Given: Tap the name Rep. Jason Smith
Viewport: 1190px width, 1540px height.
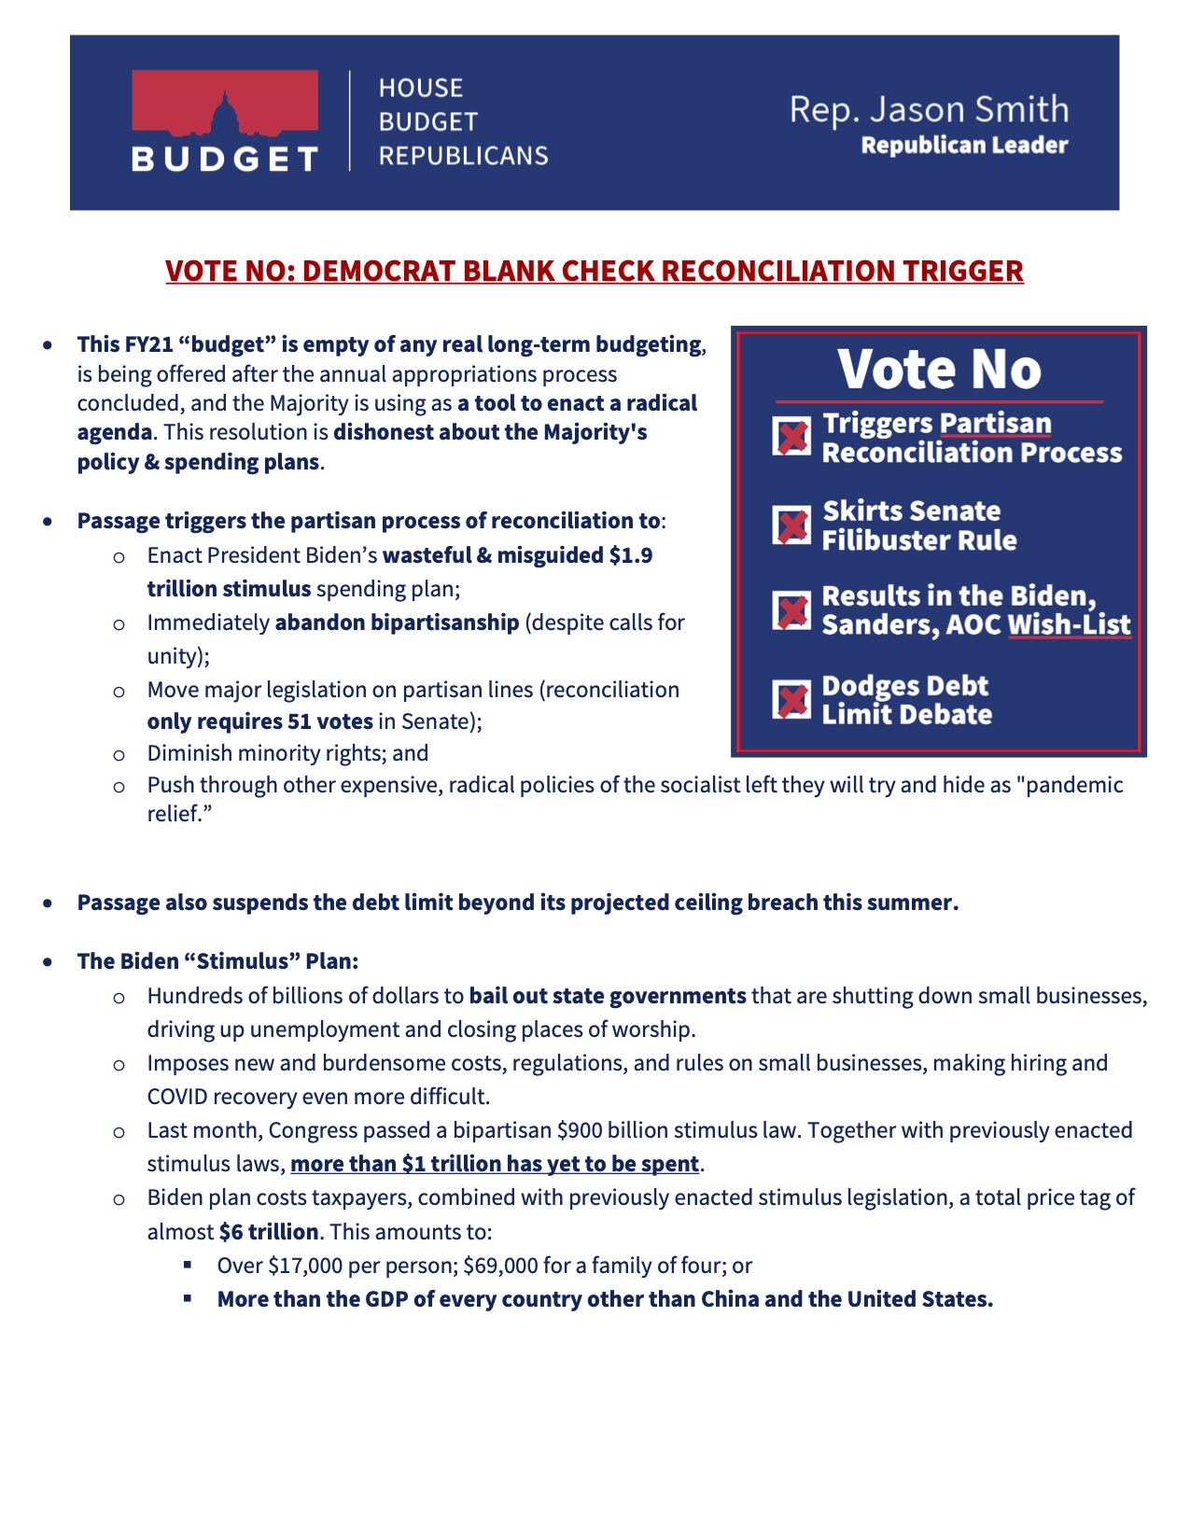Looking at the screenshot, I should [929, 110].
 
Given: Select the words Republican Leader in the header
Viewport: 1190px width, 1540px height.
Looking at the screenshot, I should [964, 146].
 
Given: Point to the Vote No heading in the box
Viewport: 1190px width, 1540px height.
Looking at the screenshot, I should [939, 370].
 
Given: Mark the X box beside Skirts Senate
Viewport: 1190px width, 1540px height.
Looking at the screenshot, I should [792, 525].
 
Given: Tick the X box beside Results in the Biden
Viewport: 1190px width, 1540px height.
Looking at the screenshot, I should [792, 611].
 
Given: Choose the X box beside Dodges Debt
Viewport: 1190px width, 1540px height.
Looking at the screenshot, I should [792, 699].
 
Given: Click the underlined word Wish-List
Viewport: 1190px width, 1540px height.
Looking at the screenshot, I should [1070, 624].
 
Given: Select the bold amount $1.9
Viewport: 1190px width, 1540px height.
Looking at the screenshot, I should [631, 555].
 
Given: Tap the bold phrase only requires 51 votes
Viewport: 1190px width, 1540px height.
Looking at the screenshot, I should [259, 721].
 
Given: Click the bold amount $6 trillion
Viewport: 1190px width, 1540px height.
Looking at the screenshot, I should [269, 1232].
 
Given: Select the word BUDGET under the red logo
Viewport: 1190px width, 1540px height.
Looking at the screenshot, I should [225, 159].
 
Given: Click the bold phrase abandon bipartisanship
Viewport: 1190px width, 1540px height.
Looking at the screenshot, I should [397, 623].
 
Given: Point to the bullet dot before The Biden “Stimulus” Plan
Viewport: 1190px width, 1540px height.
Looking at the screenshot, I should [48, 961].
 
